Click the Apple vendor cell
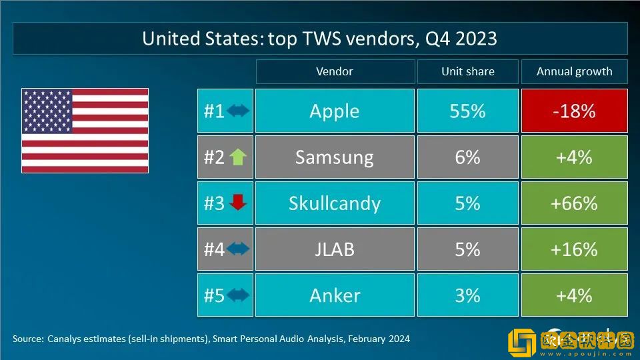coord(334,111)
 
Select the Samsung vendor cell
coord(334,157)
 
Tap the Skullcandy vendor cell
coord(334,203)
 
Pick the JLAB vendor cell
coord(334,249)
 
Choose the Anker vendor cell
coord(334,295)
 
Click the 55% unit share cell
coord(467,111)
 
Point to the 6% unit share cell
coord(467,157)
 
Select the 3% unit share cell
coord(467,295)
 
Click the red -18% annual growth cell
coord(574,111)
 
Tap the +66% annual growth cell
coord(574,203)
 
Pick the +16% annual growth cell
coord(574,249)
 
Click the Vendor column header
coord(334,71)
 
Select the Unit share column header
coord(467,71)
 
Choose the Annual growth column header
coord(574,71)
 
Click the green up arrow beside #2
coord(237,157)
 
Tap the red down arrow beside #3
coord(237,203)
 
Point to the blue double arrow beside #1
coord(237,111)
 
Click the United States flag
coord(85,131)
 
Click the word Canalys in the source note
coord(66,339)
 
